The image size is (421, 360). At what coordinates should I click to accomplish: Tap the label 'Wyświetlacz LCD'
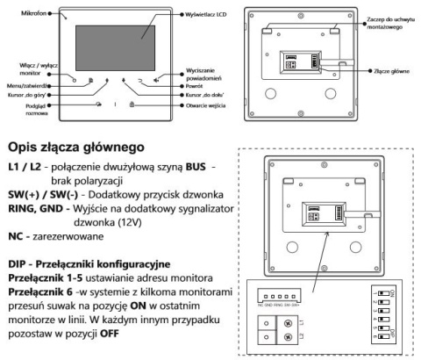205,15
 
